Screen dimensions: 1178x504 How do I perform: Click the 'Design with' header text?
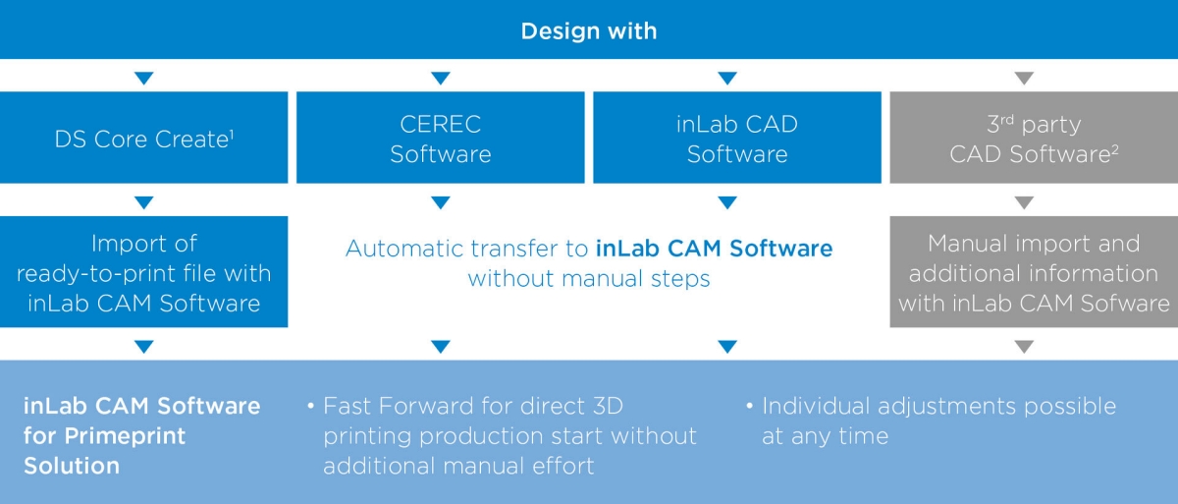[589, 31]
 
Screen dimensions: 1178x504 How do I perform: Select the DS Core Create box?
[143, 138]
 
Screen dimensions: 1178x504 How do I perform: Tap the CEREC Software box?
[441, 138]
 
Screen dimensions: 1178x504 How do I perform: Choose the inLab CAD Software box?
[737, 138]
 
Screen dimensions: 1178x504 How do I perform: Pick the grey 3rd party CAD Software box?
[1034, 138]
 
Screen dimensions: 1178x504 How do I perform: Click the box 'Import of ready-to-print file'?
[143, 271]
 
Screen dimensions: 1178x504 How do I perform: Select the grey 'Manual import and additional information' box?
[1034, 271]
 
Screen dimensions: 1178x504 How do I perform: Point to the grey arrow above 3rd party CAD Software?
[1024, 78]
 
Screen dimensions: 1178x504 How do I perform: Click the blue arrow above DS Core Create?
[143, 78]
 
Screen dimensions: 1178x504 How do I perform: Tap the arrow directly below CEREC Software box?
[441, 202]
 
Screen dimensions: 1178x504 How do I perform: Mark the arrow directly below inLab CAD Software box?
[727, 202]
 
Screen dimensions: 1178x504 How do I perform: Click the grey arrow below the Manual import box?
[1024, 346]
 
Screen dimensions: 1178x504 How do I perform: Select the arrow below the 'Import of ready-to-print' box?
[143, 346]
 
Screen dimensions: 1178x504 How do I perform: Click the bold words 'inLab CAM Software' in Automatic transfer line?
[715, 249]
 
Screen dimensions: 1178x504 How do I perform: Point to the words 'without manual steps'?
[589, 278]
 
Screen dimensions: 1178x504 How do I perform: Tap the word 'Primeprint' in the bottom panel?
[126, 436]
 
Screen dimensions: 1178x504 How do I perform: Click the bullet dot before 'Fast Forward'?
[311, 406]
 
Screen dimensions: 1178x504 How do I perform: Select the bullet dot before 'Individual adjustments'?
[750, 406]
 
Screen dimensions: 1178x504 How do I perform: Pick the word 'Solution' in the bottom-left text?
[72, 466]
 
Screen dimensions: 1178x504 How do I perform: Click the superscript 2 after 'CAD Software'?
[1115, 149]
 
